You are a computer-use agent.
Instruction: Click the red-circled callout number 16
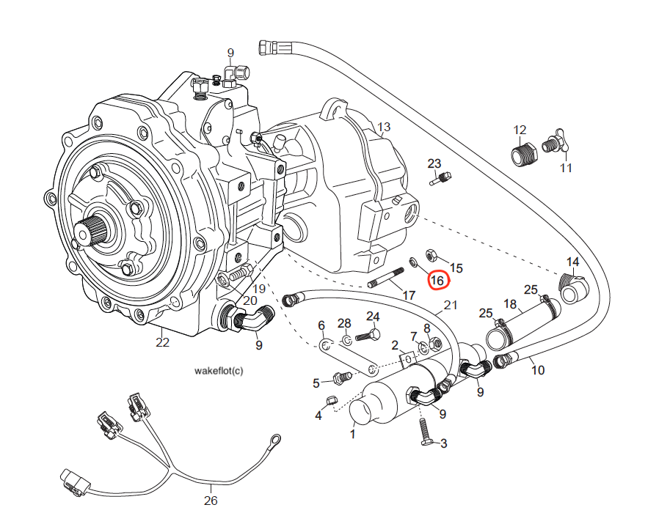(438, 279)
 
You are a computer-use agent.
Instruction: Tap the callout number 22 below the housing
(162, 341)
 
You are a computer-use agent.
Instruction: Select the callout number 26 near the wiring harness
(211, 501)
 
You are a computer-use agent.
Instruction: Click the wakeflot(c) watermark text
(218, 371)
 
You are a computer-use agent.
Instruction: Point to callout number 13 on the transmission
(384, 128)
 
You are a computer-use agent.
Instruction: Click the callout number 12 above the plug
(520, 130)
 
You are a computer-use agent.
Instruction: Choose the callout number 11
(565, 168)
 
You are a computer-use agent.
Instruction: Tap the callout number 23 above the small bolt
(434, 163)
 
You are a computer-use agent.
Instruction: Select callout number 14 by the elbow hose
(572, 262)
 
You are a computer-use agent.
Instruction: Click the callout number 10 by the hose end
(538, 370)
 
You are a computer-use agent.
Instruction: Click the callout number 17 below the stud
(409, 295)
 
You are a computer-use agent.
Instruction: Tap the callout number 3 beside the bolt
(443, 443)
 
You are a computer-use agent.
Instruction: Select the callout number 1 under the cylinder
(352, 434)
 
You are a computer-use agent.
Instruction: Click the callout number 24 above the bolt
(373, 317)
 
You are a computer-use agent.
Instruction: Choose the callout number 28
(344, 323)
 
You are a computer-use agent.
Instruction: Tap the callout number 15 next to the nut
(456, 268)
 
